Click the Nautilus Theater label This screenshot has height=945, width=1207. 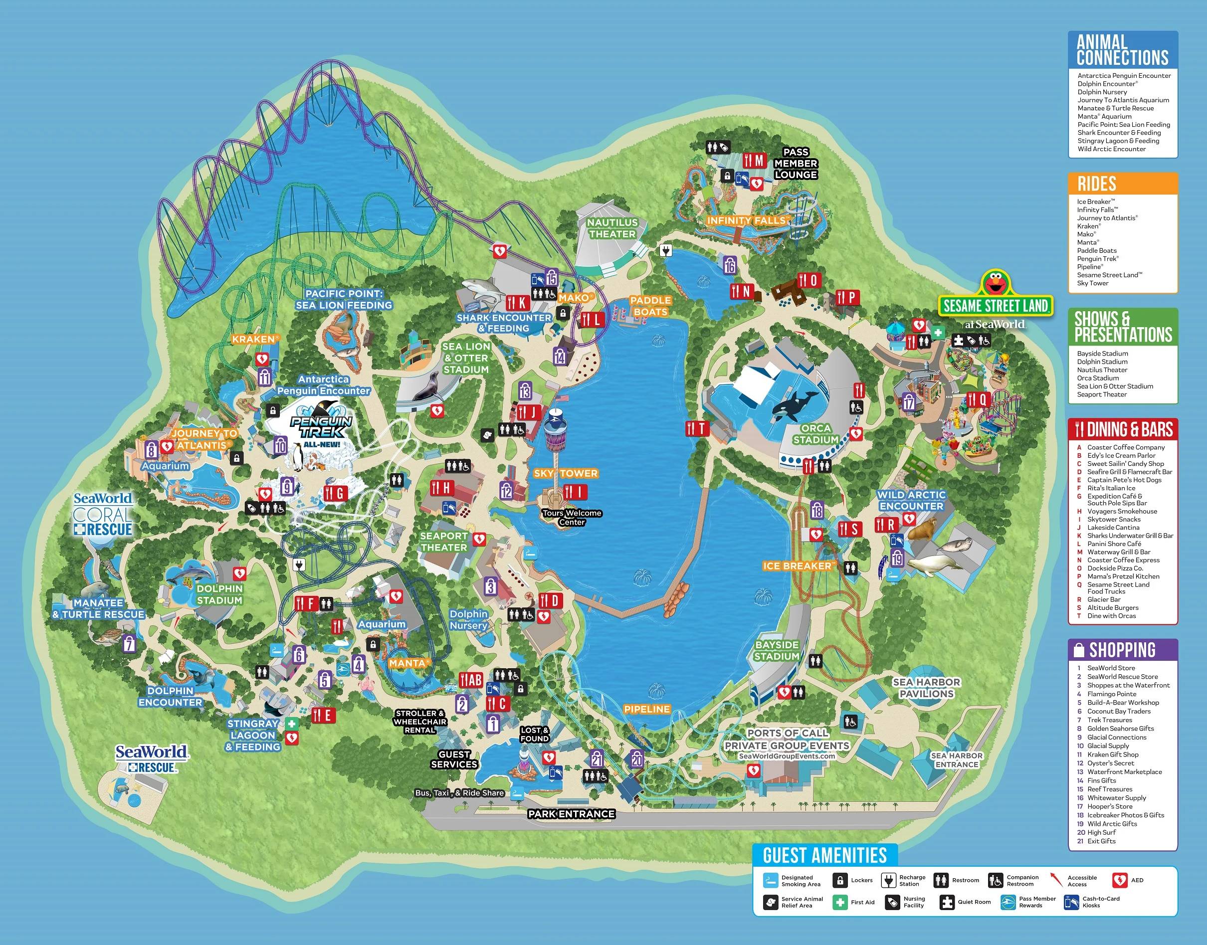click(x=612, y=228)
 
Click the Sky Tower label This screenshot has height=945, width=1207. click(x=566, y=473)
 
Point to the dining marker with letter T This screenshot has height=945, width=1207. click(x=696, y=428)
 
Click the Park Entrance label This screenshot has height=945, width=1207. click(x=571, y=814)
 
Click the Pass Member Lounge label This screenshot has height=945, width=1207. click(x=796, y=163)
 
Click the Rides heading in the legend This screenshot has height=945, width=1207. click(x=1097, y=184)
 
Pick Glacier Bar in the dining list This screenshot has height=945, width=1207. click(x=1104, y=599)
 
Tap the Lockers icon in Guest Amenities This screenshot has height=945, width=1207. click(x=840, y=880)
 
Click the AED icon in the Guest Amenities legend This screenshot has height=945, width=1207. click(x=1120, y=880)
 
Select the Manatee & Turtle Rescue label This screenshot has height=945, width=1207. click(x=98, y=608)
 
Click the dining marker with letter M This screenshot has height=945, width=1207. click(x=754, y=161)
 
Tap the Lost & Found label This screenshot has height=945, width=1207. click(x=535, y=734)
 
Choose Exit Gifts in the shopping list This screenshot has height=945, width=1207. click(x=1101, y=841)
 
